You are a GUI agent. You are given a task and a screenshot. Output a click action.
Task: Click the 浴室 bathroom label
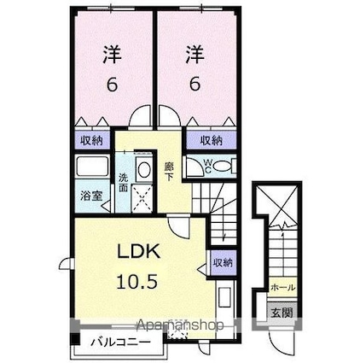click(90, 195)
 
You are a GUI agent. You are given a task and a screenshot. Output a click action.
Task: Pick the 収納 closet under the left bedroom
click(91, 139)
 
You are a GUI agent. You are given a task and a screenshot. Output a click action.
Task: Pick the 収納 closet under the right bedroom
click(210, 139)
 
